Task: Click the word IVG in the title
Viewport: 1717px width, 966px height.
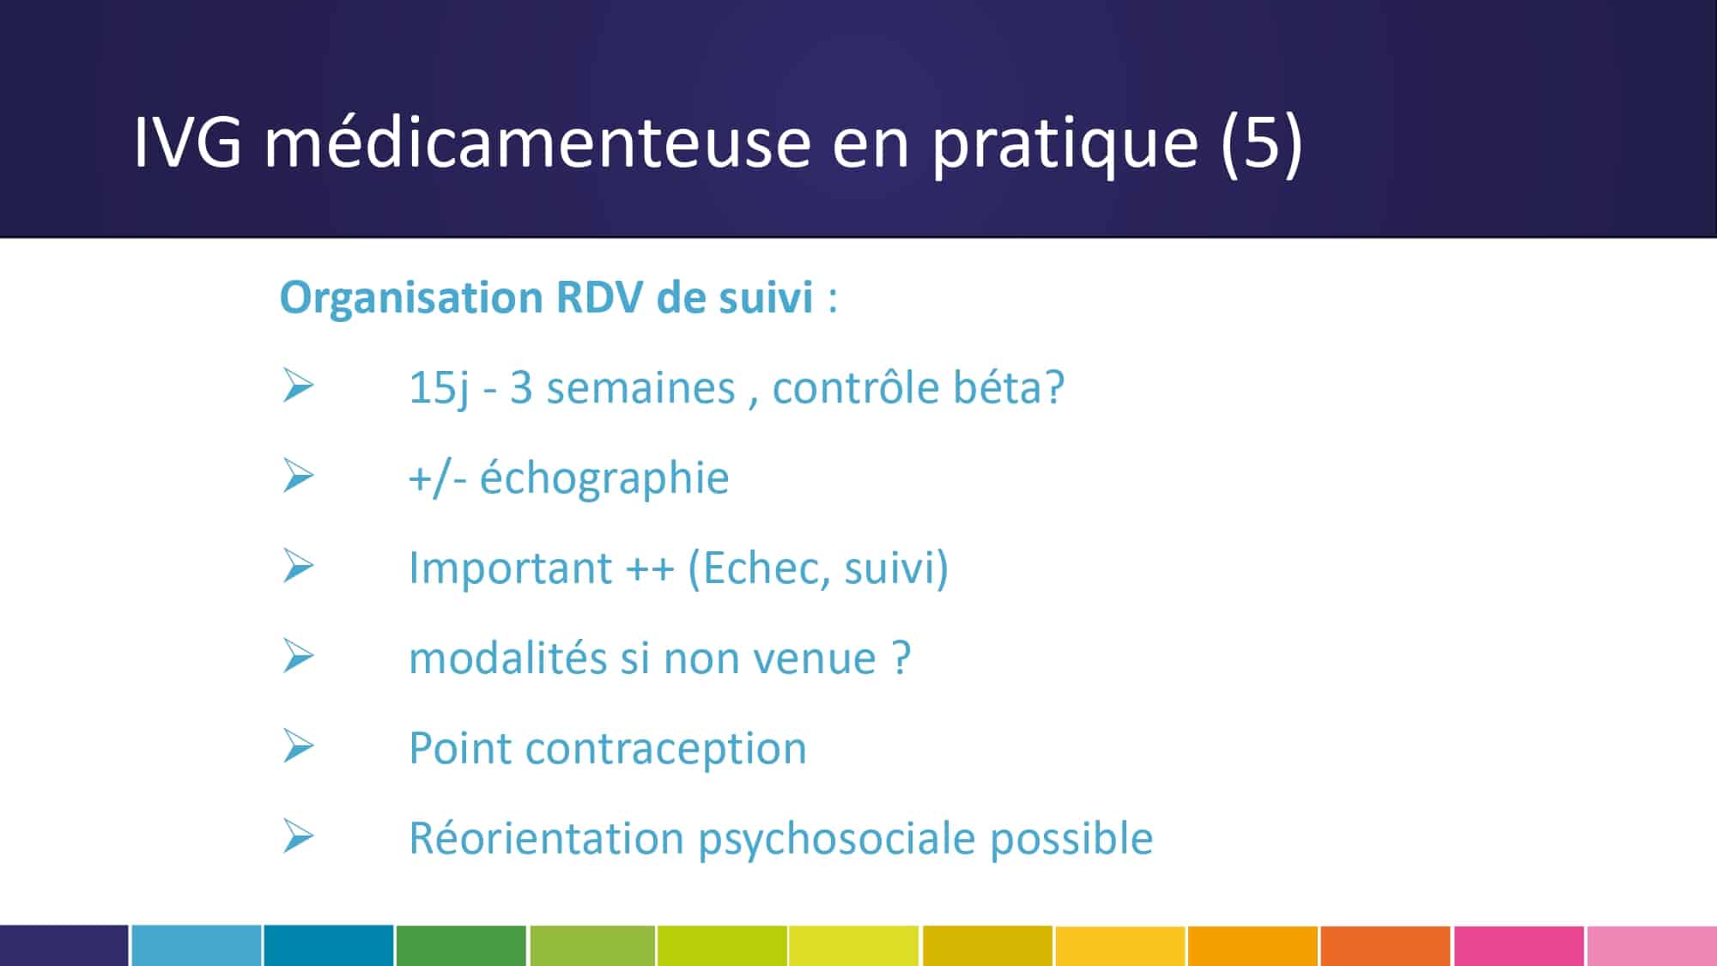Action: tap(187, 142)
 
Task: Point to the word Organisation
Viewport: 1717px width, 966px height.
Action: tap(411, 299)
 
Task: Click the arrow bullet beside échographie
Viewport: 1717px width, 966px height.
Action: tap(298, 476)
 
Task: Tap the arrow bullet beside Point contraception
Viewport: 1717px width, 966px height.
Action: tap(298, 746)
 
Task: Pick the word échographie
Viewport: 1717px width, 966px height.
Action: tap(604, 478)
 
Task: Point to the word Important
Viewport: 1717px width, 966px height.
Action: tap(510, 568)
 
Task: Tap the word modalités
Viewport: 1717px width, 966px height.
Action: tap(507, 658)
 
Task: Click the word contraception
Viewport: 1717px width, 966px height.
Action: tap(666, 749)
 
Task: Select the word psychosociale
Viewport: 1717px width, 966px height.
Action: tap(836, 839)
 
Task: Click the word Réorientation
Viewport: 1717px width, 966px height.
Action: tap(546, 838)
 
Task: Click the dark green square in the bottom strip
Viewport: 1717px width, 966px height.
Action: tap(461, 945)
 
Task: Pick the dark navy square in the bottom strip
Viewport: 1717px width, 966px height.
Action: tap(64, 945)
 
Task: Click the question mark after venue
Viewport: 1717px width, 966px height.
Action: tap(901, 658)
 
